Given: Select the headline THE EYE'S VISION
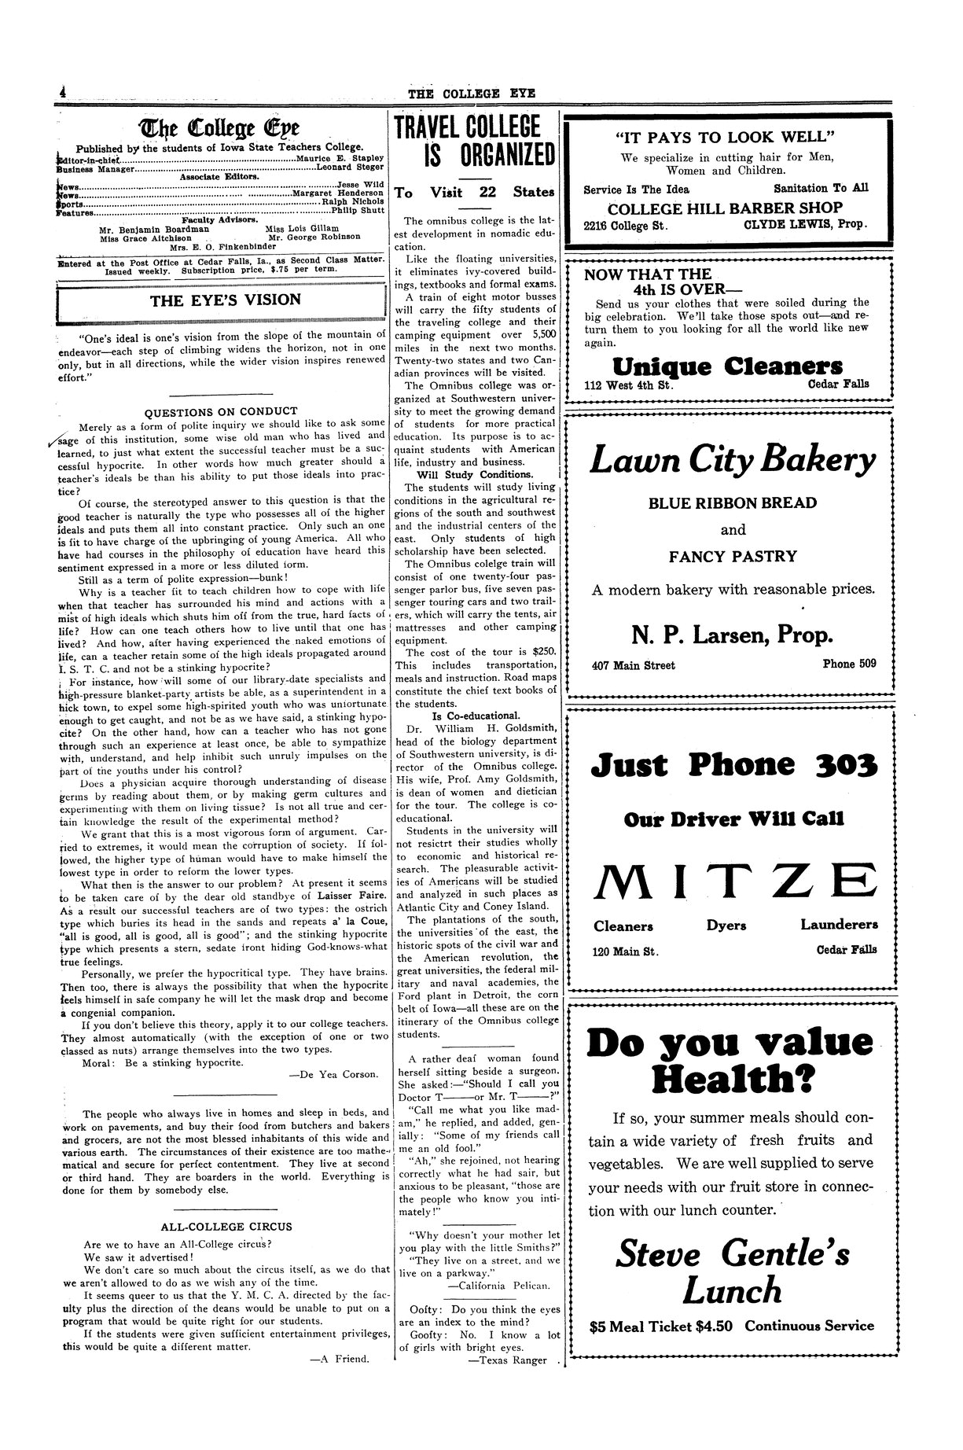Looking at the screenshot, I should (225, 299).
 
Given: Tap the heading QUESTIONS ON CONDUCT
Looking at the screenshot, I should (222, 410).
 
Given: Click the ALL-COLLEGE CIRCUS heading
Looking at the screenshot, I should (226, 1226).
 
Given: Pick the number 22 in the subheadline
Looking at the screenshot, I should (487, 192).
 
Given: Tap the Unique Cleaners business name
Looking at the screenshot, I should (728, 366).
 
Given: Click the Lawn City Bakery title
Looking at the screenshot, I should (732, 461).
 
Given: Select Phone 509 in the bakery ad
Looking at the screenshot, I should (849, 664).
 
